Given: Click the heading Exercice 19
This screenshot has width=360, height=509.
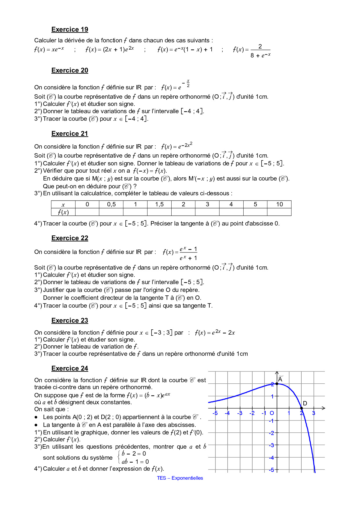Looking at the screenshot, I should (70, 30).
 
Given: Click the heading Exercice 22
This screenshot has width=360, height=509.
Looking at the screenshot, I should (70, 238).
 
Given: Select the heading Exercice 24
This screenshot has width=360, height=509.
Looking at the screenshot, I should (70, 369).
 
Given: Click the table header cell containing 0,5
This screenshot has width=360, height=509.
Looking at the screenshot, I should (111, 204).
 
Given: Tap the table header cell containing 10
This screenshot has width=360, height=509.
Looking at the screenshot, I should (279, 204).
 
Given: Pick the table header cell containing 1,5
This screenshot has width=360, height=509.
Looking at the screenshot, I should (159, 204).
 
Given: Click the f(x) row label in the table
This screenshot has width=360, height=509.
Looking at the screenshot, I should (63, 212).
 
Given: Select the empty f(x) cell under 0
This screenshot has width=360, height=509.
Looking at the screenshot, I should (87, 212).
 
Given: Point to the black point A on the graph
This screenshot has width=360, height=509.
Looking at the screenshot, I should (277, 384).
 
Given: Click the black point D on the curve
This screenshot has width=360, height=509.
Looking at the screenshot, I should (302, 408).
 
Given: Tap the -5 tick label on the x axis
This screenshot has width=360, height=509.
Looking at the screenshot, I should (215, 413).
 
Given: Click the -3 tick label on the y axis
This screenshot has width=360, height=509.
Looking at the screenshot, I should (271, 445).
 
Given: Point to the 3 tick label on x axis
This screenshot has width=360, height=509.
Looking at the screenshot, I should (314, 413).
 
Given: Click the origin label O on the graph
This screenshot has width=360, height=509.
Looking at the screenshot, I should (272, 413).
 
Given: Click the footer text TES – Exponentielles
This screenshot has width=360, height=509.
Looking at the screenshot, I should (180, 478).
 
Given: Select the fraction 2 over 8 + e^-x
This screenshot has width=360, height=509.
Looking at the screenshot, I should (260, 51).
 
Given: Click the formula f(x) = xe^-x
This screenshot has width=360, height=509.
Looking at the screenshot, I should (49, 49).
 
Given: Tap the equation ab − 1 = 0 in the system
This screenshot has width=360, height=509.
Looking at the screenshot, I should (135, 462).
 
